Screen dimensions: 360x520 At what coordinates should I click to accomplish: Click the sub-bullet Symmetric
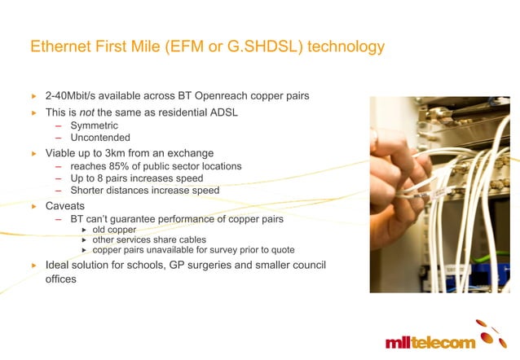[94, 125]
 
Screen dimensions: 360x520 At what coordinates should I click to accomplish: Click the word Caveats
[66, 207]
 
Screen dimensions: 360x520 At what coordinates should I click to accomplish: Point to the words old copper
[114, 230]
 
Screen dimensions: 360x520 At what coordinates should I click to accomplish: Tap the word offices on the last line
[61, 279]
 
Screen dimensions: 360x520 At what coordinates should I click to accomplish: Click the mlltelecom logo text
[430, 341]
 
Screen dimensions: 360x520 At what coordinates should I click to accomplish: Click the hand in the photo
[408, 163]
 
